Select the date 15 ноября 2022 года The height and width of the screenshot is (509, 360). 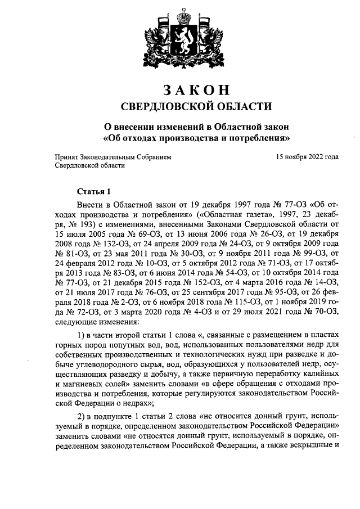(307, 157)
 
